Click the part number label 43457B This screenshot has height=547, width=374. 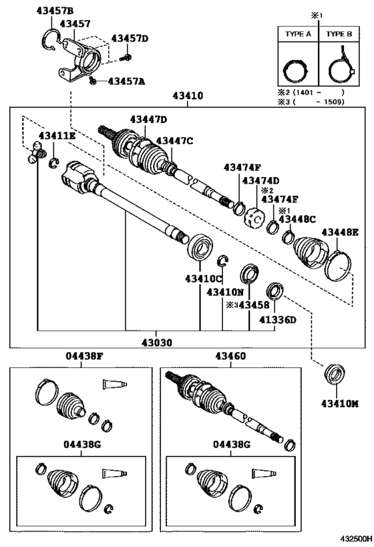click(x=55, y=11)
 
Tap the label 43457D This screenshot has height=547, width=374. click(x=130, y=38)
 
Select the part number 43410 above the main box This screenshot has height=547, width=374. click(x=188, y=95)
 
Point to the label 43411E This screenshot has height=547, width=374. click(x=57, y=136)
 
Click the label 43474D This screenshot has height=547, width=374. click(x=261, y=180)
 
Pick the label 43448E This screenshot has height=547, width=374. click(x=340, y=232)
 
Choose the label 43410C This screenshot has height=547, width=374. click(x=204, y=279)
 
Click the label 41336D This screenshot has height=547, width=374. click(x=277, y=319)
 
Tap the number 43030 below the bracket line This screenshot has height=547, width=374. click(x=157, y=343)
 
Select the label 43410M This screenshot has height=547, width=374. click(x=340, y=403)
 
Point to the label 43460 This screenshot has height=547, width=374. click(x=230, y=356)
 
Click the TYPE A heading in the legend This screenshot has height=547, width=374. click(x=298, y=34)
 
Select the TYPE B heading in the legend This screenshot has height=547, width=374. click(x=339, y=34)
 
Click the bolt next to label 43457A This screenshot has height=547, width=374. click(x=92, y=81)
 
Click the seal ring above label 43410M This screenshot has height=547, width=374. click(x=335, y=373)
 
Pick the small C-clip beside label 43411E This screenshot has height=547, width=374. click(x=53, y=162)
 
